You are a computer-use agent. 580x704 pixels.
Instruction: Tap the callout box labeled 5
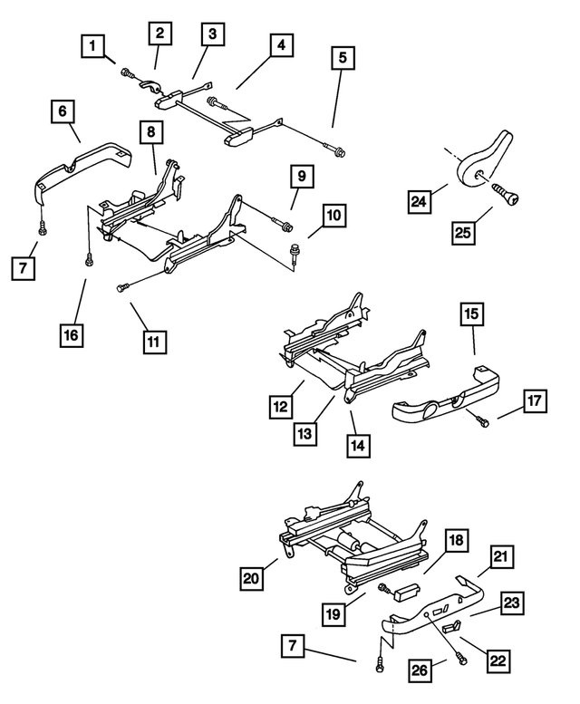[x=342, y=59]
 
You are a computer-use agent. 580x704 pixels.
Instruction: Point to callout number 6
[x=62, y=111]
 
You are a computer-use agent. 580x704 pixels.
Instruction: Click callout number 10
[x=333, y=217]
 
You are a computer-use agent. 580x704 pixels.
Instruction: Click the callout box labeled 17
[x=535, y=400]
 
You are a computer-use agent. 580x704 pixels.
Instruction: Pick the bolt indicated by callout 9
[x=287, y=225]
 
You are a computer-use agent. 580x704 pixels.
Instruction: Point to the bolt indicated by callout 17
[x=481, y=419]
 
